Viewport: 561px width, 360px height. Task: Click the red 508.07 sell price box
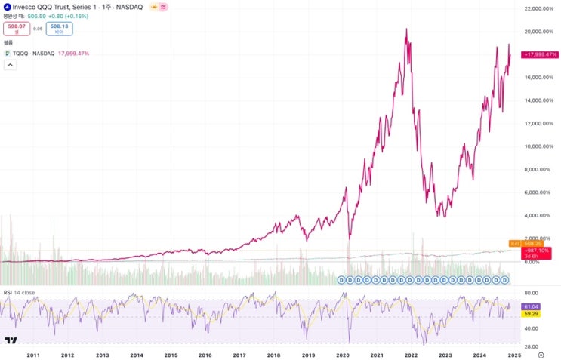pyautogui.click(x=16, y=29)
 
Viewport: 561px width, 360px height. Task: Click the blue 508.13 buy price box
pyautogui.click(x=60, y=29)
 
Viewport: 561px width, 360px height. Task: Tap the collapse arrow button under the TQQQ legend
pyautogui.click(x=11, y=65)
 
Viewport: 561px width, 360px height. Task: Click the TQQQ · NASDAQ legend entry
pyautogui.click(x=30, y=54)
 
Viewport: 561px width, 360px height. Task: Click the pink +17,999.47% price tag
pyautogui.click(x=540, y=54)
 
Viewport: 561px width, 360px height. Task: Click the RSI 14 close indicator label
pyautogui.click(x=18, y=292)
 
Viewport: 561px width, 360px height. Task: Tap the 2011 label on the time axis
pyautogui.click(x=33, y=354)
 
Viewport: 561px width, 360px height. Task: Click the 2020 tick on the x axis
pyautogui.click(x=342, y=354)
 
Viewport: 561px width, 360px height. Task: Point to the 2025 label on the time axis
pyautogui.click(x=514, y=354)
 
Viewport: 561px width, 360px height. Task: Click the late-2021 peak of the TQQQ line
pyautogui.click(x=407, y=29)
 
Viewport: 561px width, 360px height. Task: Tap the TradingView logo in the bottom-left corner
pyautogui.click(x=10, y=341)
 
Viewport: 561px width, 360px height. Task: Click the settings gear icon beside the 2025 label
pyautogui.click(x=540, y=354)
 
